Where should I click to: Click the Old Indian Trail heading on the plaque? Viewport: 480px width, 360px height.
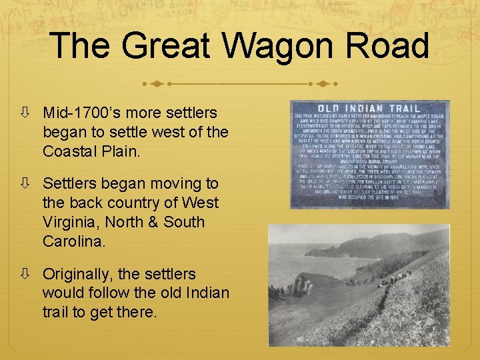pyautogui.click(x=369, y=108)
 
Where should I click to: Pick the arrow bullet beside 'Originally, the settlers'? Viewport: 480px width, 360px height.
pyautogui.click(x=25, y=274)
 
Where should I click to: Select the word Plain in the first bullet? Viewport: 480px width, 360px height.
pyautogui.click(x=121, y=151)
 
